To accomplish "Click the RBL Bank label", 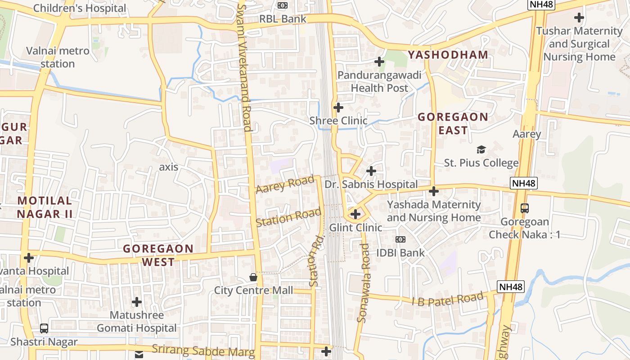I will [x=283, y=19].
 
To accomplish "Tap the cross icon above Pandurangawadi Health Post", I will [x=379, y=61].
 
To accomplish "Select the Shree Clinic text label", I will [x=338, y=121].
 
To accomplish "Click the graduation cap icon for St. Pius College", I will [x=481, y=149].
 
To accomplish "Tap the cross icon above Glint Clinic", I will [x=355, y=214].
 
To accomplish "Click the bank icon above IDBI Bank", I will [x=400, y=239].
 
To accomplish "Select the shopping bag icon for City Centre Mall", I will [x=253, y=277].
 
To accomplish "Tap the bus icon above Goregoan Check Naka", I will [x=525, y=208].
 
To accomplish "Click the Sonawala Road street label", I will [x=363, y=283].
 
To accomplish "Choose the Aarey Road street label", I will [x=285, y=184].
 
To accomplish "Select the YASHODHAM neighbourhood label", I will [x=448, y=55].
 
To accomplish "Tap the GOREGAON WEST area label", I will [x=158, y=255].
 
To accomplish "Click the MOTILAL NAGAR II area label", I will [x=45, y=207].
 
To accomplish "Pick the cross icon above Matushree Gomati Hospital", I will [x=137, y=302].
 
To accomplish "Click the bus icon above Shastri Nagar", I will [x=44, y=328].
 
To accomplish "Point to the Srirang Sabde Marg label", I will [x=203, y=350].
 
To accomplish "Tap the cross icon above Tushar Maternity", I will [x=579, y=18].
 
